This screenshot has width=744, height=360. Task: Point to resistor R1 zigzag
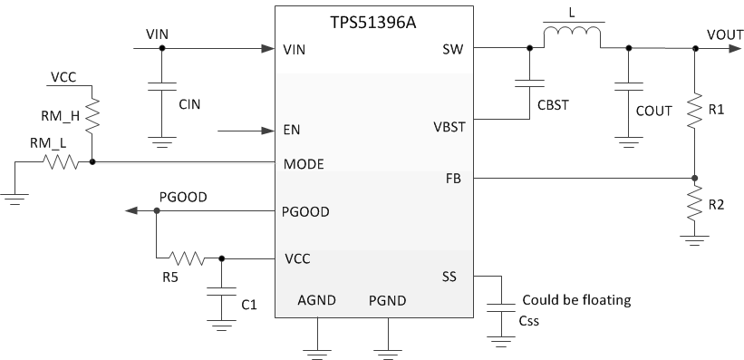[694, 112]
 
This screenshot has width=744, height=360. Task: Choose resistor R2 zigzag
[694, 205]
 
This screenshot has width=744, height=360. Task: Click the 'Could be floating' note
[575, 300]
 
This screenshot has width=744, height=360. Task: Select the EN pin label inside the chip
[292, 131]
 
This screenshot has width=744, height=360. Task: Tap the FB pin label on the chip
[453, 179]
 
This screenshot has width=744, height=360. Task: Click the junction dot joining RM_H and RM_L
[93, 164]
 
